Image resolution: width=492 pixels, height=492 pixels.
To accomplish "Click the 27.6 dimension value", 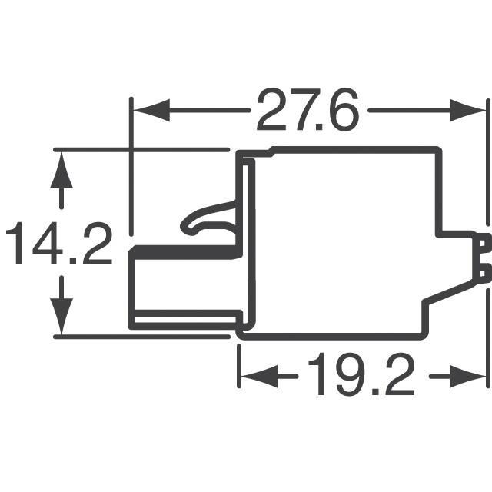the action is tap(307, 109).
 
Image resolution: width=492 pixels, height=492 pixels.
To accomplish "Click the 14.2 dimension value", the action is tap(59, 243).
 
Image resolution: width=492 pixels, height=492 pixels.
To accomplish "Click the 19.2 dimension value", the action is tap(362, 374).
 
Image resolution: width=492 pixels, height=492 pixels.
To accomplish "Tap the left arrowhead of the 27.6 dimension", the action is tap(152, 110).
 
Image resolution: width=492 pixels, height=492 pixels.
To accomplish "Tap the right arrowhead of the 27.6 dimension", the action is tap(468, 110).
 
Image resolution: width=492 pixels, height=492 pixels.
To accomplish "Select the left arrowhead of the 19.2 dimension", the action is tap(260, 376).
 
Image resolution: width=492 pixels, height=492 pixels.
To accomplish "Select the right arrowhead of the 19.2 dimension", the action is tap(468, 376).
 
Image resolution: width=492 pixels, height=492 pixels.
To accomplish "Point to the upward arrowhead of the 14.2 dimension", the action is tap(61, 170).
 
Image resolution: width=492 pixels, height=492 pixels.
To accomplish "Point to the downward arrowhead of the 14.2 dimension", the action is tap(61, 316).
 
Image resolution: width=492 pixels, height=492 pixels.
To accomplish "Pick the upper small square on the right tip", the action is tap(483, 244).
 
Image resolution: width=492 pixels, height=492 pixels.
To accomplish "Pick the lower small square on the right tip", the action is tap(483, 273).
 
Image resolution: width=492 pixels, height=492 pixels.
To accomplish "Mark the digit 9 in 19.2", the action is tap(348, 374).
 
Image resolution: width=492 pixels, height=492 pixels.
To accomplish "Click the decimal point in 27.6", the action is tap(320, 127).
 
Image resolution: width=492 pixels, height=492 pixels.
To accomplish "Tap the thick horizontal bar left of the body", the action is tap(185, 252).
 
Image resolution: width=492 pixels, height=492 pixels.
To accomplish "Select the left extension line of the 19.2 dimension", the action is tap(240, 366).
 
